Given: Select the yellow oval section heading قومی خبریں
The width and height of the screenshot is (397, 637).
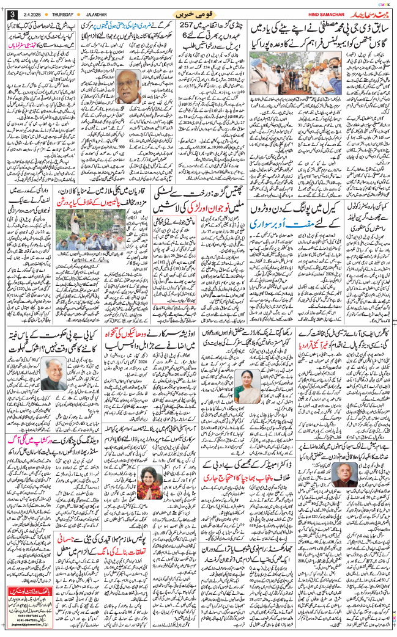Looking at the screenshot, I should [198, 13].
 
